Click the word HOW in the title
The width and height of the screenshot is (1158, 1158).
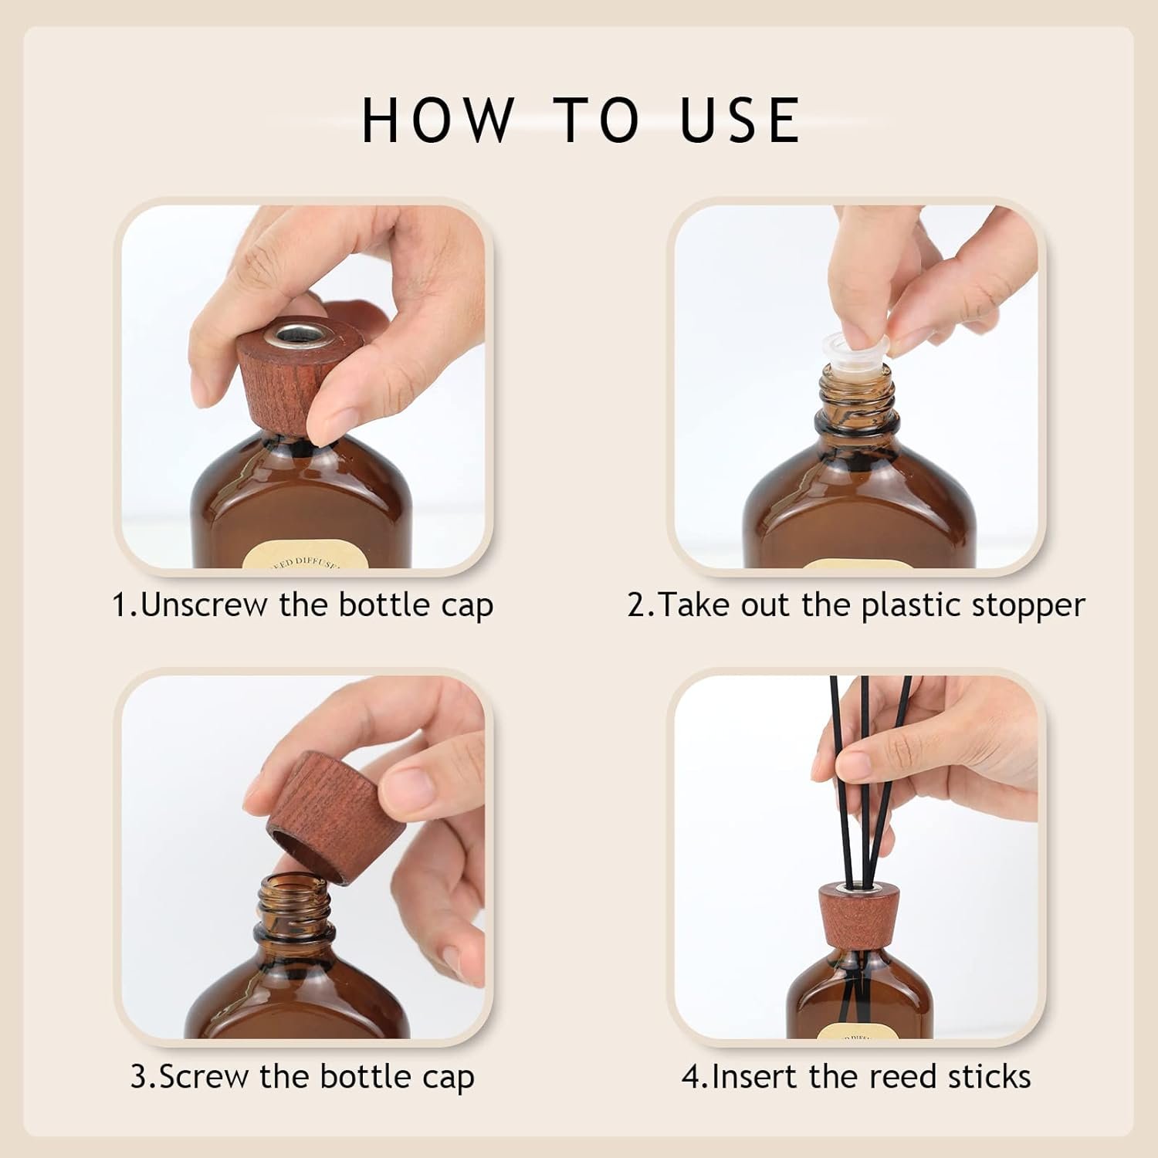click(x=438, y=120)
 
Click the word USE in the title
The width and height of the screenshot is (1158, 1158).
click(x=741, y=120)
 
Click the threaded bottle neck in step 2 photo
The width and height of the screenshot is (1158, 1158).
click(x=857, y=394)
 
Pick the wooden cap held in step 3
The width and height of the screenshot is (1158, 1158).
click(x=323, y=817)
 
